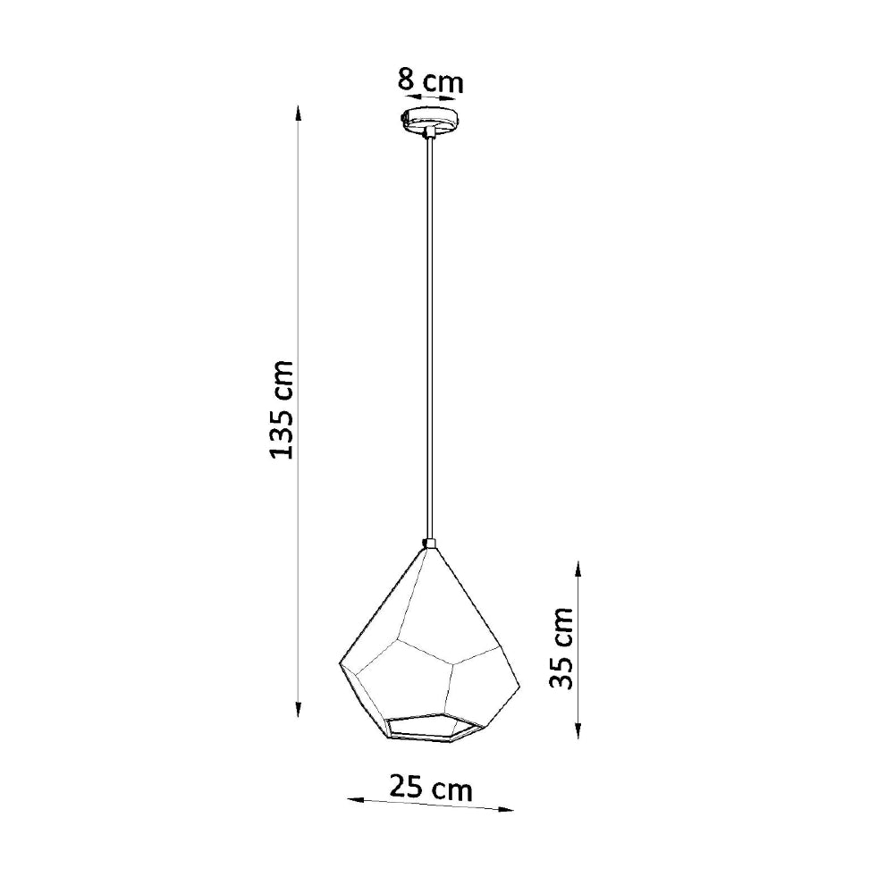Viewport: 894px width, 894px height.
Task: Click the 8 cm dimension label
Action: [430, 81]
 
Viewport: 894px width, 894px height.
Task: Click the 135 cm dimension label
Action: [282, 410]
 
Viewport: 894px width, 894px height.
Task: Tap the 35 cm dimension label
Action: [561, 648]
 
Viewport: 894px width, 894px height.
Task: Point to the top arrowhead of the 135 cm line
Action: [299, 111]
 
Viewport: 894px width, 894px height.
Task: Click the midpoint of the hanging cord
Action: [430, 335]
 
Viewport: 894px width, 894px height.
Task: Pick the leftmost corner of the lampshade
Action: [340, 664]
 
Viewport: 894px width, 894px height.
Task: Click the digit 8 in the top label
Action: [407, 81]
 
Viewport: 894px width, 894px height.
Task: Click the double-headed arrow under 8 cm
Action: [430, 101]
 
